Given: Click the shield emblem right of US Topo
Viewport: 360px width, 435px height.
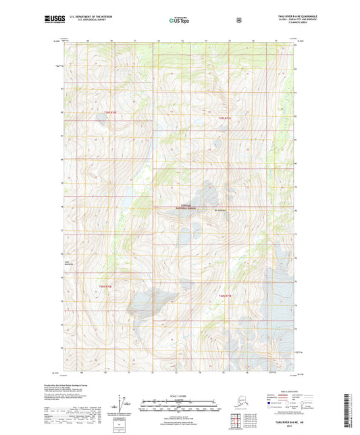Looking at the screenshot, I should coord(238,20).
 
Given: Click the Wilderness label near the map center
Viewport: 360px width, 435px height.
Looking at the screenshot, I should coord(186,205).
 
